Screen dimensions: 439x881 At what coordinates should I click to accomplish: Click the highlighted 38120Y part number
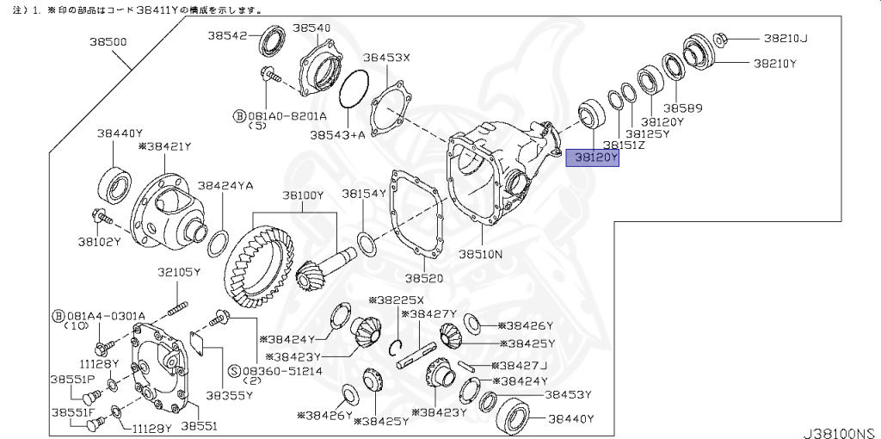[x=592, y=158]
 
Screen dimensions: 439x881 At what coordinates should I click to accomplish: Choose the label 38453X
[x=386, y=58]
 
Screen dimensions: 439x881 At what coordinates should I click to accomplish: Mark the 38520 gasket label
[x=425, y=279]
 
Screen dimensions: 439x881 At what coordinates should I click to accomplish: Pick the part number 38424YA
[x=225, y=185]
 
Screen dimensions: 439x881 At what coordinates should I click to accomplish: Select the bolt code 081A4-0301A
[x=106, y=315]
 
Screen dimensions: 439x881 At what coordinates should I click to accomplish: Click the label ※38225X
[x=397, y=300]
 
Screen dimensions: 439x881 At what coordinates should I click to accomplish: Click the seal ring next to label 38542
[x=273, y=42]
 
